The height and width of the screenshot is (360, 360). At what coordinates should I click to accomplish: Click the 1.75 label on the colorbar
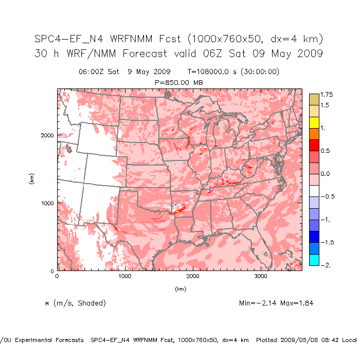(327, 95)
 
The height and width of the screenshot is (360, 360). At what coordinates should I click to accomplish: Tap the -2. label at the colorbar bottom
(325, 265)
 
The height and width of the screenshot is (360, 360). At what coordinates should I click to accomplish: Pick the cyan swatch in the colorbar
(314, 260)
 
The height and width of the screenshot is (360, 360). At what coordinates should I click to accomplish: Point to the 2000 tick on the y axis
(47, 135)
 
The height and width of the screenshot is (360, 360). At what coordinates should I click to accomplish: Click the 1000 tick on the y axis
(47, 203)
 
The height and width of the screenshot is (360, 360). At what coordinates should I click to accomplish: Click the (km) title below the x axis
(180, 289)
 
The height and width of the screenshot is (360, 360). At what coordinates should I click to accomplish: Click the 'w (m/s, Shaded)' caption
(76, 303)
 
